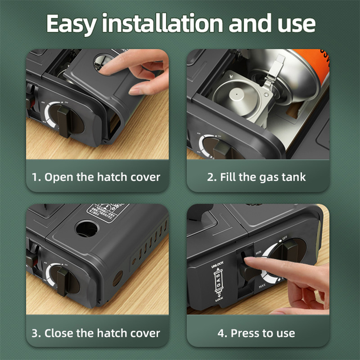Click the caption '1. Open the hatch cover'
coord(96,176)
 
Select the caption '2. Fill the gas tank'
coord(256,176)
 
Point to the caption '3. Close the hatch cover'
coord(96,333)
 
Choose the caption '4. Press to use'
coord(256,333)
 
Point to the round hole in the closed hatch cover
coord(87,229)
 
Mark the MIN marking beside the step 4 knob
coord(259,255)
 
